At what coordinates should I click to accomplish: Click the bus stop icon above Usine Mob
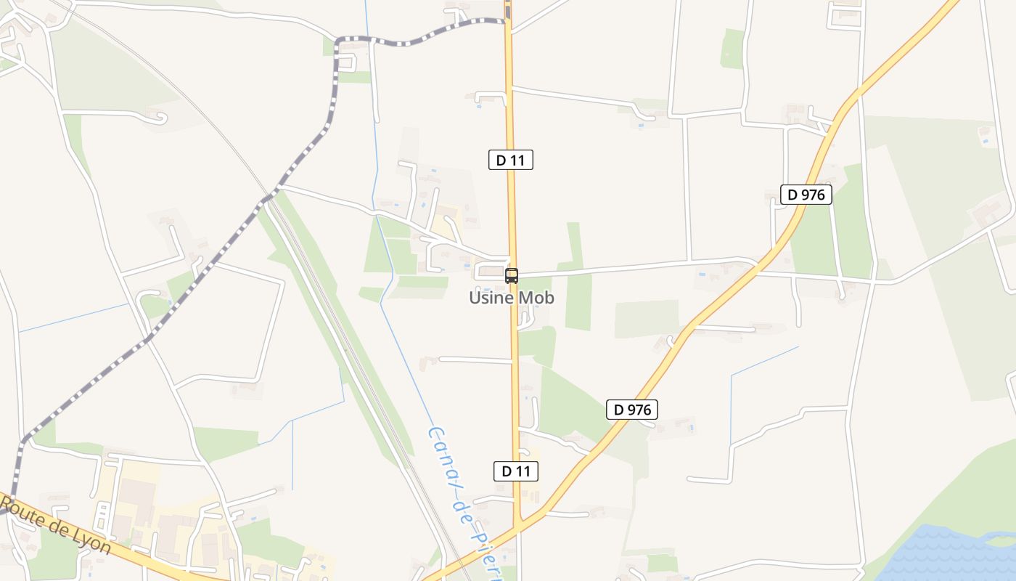512,276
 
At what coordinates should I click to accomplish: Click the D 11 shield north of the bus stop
511,160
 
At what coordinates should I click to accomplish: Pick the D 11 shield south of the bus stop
516,471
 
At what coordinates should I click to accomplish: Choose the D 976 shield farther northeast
806,195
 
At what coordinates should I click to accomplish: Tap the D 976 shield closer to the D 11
632,410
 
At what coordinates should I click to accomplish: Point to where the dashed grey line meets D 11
507,21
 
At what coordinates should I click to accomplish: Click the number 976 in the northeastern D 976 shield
813,195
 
